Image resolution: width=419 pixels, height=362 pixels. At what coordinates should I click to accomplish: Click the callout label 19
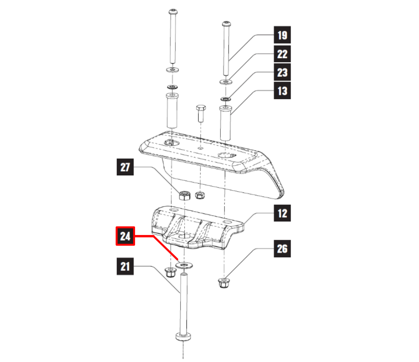tap(282, 35)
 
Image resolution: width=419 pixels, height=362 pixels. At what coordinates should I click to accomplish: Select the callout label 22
tap(282, 54)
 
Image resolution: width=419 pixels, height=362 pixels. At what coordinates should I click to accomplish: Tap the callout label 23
tap(282, 73)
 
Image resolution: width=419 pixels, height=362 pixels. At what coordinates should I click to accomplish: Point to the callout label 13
tap(282, 91)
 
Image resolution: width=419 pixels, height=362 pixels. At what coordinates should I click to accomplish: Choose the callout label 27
tap(125, 168)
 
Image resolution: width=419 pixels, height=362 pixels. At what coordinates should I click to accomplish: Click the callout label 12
tap(282, 214)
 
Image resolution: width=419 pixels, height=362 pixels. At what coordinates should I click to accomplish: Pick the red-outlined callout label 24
tap(125, 236)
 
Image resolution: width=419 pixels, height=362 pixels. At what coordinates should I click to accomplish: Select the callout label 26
tap(282, 249)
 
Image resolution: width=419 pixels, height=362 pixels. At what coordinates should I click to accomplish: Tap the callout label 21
tap(125, 267)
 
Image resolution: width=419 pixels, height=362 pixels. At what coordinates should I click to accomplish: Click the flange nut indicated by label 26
tap(223, 282)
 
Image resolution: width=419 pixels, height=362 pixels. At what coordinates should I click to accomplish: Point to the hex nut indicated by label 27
tap(184, 194)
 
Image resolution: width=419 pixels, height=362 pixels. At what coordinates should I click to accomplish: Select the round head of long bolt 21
tap(185, 336)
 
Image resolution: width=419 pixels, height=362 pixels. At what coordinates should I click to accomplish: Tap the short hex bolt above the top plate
tap(201, 113)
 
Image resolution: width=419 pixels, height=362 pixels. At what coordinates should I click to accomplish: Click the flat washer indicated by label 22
tap(226, 82)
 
